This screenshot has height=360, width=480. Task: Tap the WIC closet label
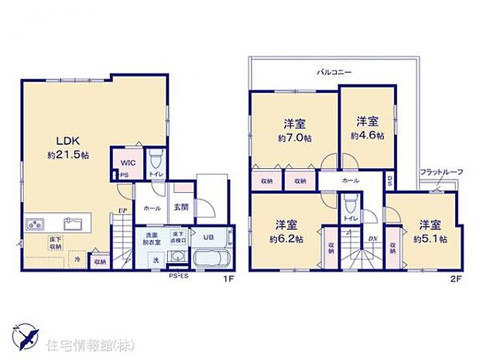(127, 163)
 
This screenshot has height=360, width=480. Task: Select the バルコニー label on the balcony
(334, 72)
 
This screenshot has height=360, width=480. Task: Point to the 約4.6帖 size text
(365, 135)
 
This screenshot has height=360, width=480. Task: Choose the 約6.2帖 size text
(286, 238)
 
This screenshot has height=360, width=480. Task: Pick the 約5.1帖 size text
(427, 238)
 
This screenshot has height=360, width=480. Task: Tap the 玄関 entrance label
(181, 207)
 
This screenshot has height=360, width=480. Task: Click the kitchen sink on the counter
(74, 225)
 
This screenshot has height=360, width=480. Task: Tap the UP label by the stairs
(122, 210)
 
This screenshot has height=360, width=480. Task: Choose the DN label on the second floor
(372, 238)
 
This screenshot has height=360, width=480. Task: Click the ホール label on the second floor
(350, 180)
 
